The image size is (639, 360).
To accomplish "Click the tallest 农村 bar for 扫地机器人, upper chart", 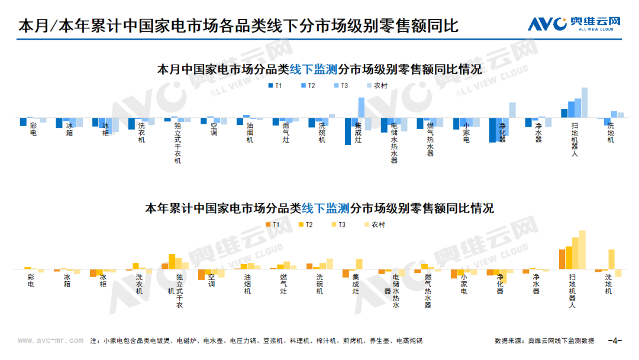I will (585, 102).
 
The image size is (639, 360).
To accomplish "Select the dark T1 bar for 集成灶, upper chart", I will (348, 131).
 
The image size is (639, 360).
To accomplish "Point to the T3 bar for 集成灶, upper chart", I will (361, 108).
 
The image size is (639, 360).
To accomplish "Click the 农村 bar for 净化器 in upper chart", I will (512, 110).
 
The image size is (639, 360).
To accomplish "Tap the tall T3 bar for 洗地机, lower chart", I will (611, 259).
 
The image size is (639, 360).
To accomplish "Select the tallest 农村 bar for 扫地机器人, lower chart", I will (582, 250).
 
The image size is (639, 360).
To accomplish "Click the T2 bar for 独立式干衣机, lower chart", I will (172, 262).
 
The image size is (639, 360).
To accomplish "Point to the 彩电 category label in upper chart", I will (33, 129).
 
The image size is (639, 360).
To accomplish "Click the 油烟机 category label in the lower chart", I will (248, 284).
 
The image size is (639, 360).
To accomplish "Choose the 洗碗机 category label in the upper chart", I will (322, 133).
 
